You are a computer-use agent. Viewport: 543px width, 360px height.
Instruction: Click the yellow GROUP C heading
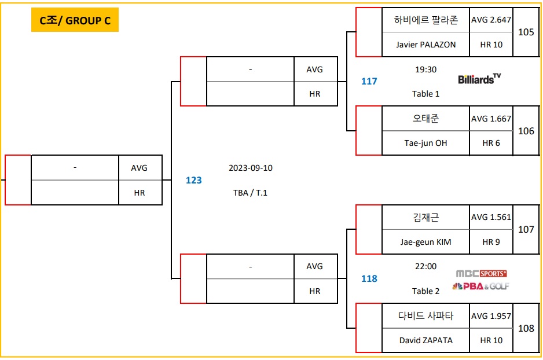click(x=75, y=21)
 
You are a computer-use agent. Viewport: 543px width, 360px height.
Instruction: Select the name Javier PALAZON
click(x=425, y=45)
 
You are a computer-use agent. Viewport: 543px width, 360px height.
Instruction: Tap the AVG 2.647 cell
click(x=491, y=20)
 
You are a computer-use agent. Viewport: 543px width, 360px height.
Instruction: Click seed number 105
click(x=526, y=32)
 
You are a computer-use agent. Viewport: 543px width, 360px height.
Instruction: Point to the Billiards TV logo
click(x=479, y=79)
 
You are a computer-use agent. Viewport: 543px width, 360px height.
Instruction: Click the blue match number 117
click(x=369, y=82)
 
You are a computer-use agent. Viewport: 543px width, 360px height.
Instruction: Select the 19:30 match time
click(x=426, y=69)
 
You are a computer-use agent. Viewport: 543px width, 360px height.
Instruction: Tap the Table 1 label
click(x=426, y=94)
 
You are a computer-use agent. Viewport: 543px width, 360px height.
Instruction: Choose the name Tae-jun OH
click(x=425, y=143)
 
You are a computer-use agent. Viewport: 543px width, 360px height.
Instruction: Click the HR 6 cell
click(x=491, y=143)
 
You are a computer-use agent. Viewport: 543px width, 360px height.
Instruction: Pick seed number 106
click(x=526, y=131)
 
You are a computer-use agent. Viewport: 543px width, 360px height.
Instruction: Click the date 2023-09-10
click(x=250, y=168)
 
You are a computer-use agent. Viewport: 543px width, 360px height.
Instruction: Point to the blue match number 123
click(x=193, y=181)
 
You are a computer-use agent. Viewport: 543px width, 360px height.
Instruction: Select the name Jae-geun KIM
click(x=425, y=242)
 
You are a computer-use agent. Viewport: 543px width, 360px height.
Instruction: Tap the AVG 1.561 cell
click(x=491, y=217)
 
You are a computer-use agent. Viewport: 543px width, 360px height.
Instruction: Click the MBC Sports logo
click(x=481, y=273)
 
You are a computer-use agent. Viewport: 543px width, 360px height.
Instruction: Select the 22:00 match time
click(x=426, y=267)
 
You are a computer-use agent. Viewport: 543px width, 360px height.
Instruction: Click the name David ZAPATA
click(x=425, y=340)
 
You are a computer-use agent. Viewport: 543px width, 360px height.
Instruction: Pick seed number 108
click(x=526, y=328)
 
